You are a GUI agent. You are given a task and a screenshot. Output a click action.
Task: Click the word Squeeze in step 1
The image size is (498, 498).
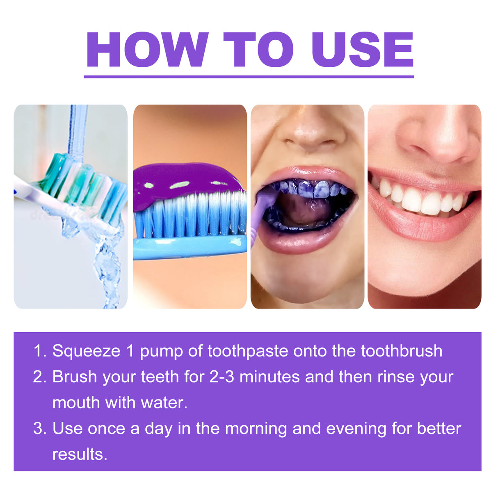click(86, 351)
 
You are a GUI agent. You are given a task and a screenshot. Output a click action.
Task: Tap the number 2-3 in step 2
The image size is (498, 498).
click(222, 377)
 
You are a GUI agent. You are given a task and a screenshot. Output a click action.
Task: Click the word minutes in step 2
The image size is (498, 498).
click(270, 377)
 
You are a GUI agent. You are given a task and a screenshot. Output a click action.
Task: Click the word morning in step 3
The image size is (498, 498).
click(256, 429)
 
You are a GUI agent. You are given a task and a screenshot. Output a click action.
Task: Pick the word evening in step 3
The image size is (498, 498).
click(356, 429)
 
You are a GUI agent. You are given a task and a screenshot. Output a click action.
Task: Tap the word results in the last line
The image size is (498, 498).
click(79, 455)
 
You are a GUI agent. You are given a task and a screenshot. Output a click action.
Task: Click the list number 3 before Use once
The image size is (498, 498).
click(39, 429)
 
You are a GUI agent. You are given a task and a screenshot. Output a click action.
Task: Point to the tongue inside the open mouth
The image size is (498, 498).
click(306, 209)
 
